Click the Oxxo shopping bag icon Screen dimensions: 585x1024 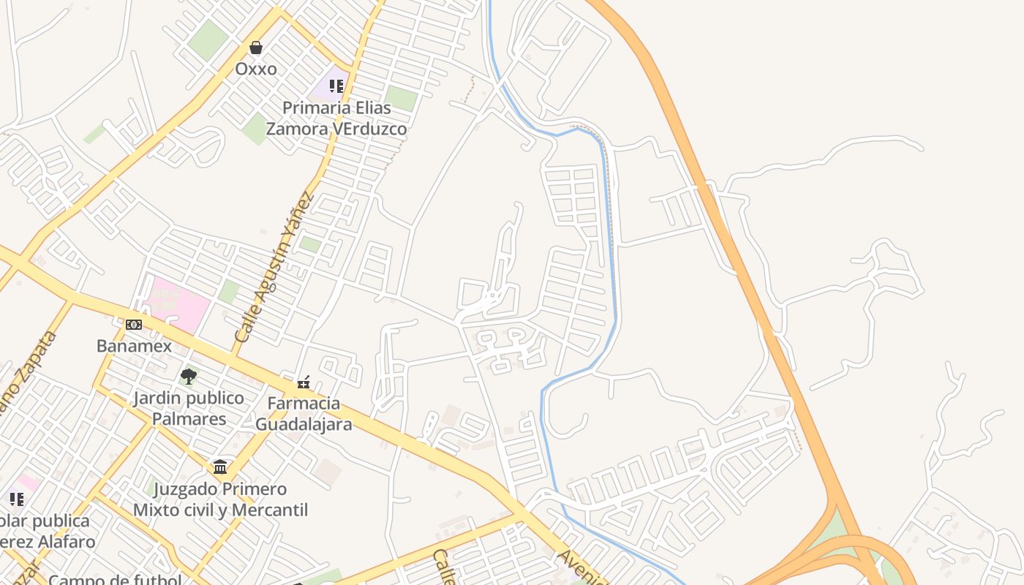coord(256,48)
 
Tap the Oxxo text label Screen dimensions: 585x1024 coord(256,69)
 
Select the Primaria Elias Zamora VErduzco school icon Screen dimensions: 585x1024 coord(336,86)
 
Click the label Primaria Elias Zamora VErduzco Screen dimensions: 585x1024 coord(336,118)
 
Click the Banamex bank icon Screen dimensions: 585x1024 coord(134,325)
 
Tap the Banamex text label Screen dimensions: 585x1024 coord(134,346)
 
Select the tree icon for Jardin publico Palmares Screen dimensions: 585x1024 coord(189,377)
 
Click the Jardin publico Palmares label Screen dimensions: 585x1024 coord(189,408)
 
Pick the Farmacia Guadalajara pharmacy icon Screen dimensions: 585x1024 coord(303,382)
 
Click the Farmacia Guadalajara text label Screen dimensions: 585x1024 coord(303,413)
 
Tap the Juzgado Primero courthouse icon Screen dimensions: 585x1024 coord(220,467)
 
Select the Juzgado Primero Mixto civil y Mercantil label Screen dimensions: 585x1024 coord(220,499)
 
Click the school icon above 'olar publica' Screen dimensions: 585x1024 coord(17,499)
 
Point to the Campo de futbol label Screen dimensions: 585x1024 coord(115,579)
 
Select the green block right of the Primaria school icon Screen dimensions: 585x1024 coord(401,98)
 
